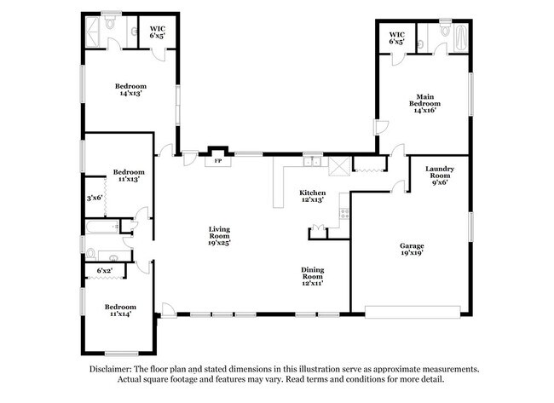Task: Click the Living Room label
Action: (221, 235)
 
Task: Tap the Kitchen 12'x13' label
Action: (312, 197)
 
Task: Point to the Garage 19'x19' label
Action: (412, 249)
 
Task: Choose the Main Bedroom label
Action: (427, 103)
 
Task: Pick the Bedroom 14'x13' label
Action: (130, 90)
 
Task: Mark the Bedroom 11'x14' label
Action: (120, 311)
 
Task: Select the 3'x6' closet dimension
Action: (95, 198)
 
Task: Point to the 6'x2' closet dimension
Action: (105, 271)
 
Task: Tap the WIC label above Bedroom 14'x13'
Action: (158, 32)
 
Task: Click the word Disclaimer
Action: (115, 369)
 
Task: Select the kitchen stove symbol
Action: (345, 213)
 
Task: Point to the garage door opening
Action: (414, 308)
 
